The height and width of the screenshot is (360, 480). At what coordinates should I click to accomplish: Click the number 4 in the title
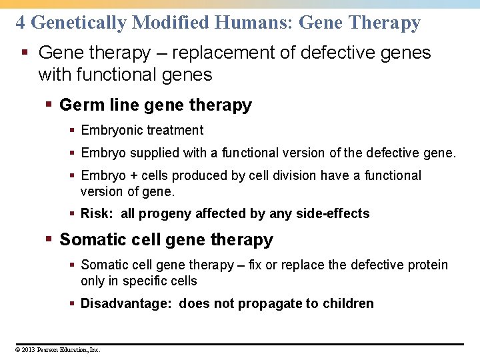point(21,23)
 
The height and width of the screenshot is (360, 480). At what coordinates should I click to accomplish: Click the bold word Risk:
point(97,213)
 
